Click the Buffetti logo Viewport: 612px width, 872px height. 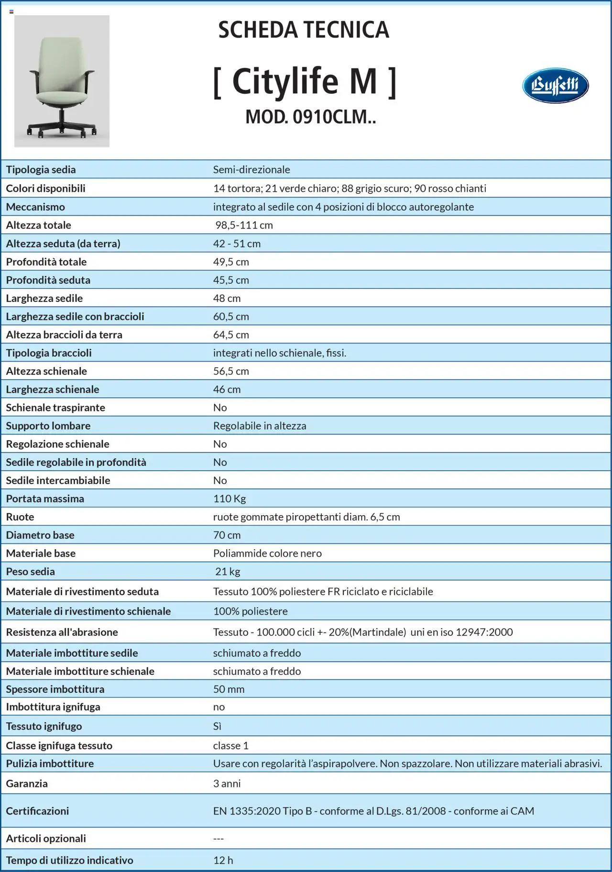click(555, 86)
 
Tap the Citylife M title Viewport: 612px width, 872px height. click(305, 81)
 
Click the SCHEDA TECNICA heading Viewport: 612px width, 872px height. click(304, 30)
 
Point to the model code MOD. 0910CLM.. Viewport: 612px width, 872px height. click(310, 117)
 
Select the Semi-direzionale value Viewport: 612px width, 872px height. click(251, 169)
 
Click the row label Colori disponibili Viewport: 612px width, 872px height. click(45, 188)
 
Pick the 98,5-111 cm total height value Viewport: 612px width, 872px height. click(244, 225)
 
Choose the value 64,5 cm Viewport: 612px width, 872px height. click(231, 334)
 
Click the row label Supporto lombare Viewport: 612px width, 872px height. click(48, 425)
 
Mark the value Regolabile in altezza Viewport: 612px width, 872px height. click(260, 425)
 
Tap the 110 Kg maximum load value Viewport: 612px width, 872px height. click(229, 498)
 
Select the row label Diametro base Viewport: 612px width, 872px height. click(40, 535)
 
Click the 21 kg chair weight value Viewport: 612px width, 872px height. click(228, 571)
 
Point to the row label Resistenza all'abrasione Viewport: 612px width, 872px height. click(62, 632)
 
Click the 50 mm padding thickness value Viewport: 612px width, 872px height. click(229, 689)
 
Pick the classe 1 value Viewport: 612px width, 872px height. click(231, 745)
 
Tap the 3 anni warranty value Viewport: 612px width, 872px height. click(227, 784)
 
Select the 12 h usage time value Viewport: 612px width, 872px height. click(223, 860)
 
